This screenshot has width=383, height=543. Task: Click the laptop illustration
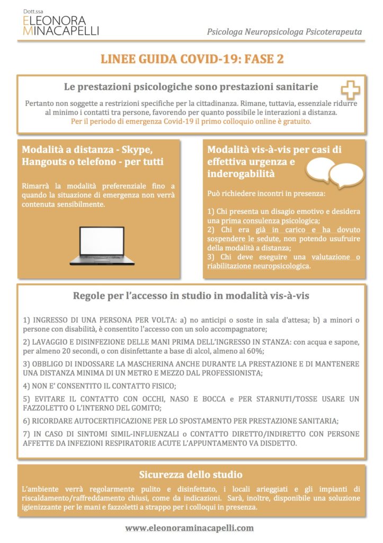coord(102,246)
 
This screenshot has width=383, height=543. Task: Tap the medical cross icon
coord(350,90)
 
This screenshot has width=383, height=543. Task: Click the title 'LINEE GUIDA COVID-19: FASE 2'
coord(192,59)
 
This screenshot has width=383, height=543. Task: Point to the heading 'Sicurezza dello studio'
coord(191,474)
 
